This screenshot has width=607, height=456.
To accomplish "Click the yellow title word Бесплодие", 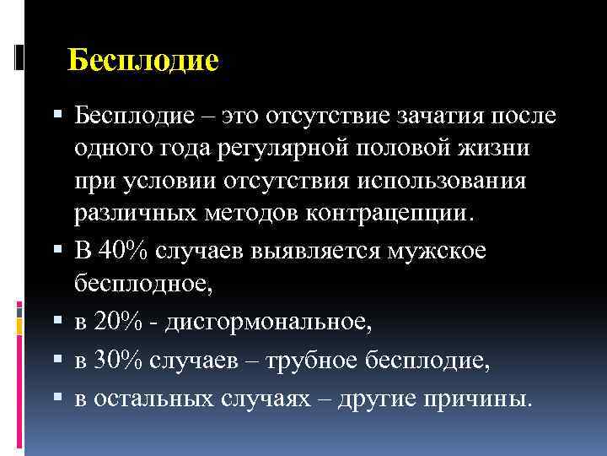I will click(x=142, y=61).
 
